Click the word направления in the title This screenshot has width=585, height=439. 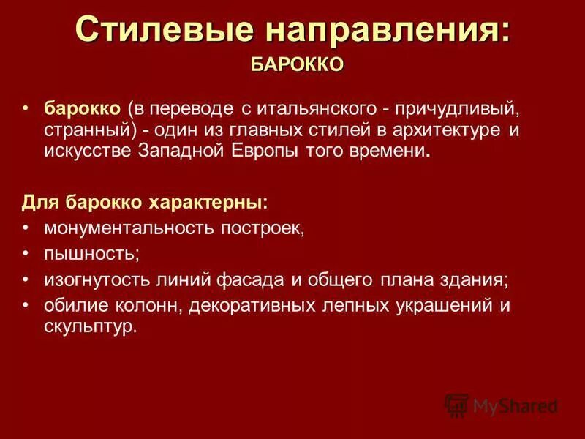387,31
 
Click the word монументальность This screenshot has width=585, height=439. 128,228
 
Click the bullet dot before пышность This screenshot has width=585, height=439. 26,252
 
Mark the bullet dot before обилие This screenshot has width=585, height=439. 26,303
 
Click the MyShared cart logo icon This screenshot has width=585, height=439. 456,405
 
